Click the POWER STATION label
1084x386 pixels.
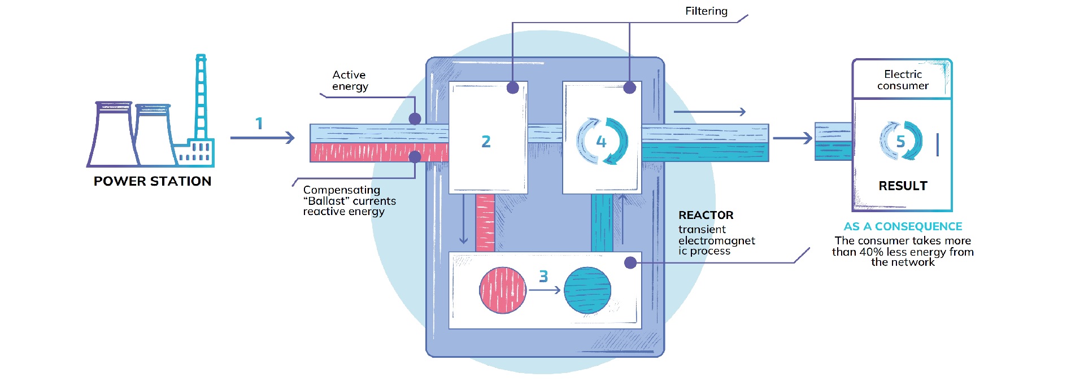point(153,181)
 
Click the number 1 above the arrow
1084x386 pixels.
point(259,124)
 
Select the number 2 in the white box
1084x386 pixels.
point(486,142)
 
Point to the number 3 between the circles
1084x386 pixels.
point(543,277)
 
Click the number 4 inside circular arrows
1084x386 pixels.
point(602,142)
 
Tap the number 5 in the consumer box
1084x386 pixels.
point(900,142)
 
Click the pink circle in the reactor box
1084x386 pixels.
point(503,290)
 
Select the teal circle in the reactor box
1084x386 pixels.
point(587,290)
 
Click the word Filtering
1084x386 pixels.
point(706,11)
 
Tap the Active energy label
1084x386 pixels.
point(350,81)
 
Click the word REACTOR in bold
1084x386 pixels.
point(706,215)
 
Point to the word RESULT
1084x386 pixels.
point(903,186)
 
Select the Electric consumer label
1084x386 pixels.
point(903,80)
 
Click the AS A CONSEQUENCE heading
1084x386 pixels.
point(903,226)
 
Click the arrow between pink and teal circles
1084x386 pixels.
point(545,290)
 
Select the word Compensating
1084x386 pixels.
point(341,190)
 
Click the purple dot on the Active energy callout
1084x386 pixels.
point(415,119)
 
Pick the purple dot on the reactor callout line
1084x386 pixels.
point(630,262)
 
